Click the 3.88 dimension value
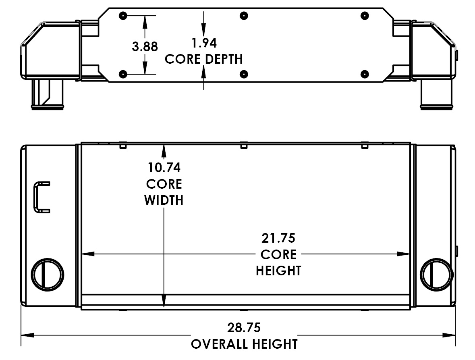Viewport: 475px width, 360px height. pos(145,46)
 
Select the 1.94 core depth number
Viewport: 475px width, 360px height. pos(204,42)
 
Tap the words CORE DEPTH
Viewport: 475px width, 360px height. pos(204,59)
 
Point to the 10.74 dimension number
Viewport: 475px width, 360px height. pos(164,167)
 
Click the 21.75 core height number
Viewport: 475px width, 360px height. pos(278,238)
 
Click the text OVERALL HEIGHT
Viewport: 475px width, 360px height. pos(244,344)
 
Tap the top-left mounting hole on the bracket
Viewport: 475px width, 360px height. pos(123,16)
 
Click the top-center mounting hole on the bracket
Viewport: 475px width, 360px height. pos(244,16)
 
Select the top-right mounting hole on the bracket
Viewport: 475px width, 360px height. pos(365,16)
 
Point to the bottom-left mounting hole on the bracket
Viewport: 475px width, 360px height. pos(123,74)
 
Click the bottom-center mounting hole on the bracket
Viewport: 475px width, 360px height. pos(244,74)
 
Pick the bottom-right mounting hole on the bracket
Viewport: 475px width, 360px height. pos(365,74)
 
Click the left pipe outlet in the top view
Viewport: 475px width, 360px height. pos(48,94)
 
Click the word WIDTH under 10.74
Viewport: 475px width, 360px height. pos(164,200)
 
